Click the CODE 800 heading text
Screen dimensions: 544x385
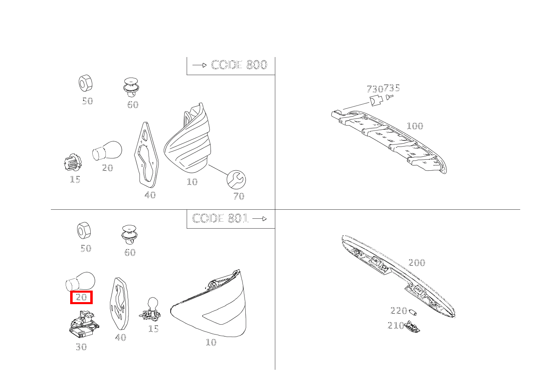pos(239,65)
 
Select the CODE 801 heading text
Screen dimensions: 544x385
pos(220,218)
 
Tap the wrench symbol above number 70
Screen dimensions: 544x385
pos(236,180)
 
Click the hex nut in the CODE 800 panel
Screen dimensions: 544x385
pos(86,83)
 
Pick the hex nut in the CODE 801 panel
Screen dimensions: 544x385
pos(84,230)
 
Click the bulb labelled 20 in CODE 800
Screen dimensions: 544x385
pos(107,151)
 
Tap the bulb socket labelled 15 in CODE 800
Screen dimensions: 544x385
pos(73,162)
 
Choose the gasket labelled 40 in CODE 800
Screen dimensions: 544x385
pos(146,155)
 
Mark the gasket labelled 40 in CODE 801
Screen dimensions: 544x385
pos(119,304)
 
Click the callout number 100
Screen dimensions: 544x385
pos(415,126)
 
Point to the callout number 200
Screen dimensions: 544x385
pos(417,263)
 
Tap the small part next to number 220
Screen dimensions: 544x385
pos(413,312)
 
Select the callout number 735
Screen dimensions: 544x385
pos(392,87)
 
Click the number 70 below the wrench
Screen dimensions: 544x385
pos(239,196)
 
